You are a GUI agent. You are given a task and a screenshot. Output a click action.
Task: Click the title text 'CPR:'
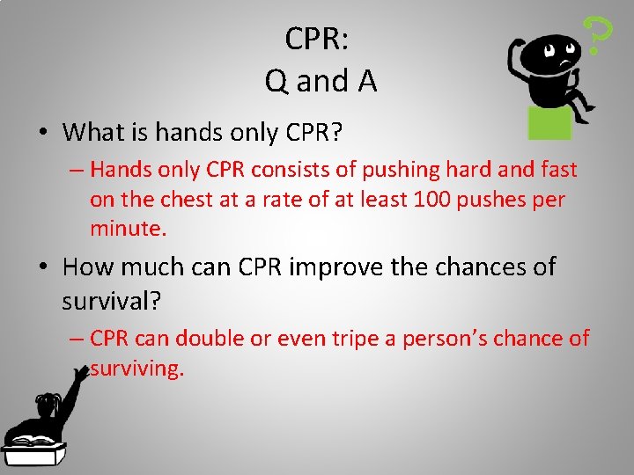pyautogui.click(x=317, y=39)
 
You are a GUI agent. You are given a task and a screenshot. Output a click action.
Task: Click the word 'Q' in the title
pyautogui.click(x=276, y=82)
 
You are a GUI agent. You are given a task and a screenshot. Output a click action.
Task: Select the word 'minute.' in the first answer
pyautogui.click(x=128, y=230)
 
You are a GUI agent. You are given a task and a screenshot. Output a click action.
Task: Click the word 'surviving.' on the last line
pyautogui.click(x=137, y=369)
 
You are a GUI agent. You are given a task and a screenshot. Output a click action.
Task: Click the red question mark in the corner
pyautogui.click(x=600, y=35)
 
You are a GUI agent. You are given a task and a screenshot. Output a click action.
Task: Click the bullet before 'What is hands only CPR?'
pyautogui.click(x=41, y=134)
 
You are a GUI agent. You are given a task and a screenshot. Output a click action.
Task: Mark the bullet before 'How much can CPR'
pyautogui.click(x=41, y=267)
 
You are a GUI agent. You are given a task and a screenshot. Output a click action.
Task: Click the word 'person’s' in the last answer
pyautogui.click(x=441, y=339)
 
